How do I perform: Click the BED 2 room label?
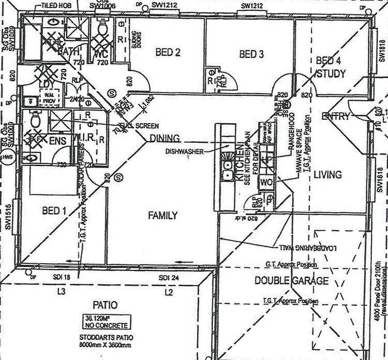point(168,52)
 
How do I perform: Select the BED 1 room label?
point(54,211)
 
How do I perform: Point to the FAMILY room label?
point(163,215)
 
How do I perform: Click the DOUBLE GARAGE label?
point(291,281)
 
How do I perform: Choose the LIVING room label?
point(327,175)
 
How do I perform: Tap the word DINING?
point(165,138)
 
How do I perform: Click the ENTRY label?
point(336,116)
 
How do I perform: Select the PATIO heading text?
point(105,305)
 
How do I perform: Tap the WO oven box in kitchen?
point(266,182)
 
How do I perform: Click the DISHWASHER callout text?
point(184,151)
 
